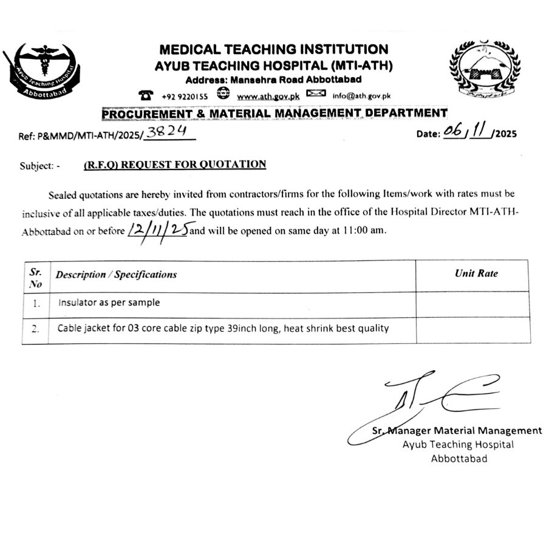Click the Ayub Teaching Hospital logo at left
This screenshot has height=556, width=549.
pos(42,72)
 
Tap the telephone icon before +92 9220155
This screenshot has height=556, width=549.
pos(146,95)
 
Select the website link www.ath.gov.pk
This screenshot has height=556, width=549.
pos(268,96)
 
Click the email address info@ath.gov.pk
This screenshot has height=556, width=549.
pos(361,95)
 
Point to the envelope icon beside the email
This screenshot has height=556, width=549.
pos(316,94)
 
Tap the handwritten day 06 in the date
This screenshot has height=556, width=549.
pos(452,132)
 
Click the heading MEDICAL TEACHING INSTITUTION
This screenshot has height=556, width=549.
pos(273,49)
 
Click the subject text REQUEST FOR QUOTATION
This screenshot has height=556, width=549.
pos(174,164)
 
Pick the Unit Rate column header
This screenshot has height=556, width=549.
pos(476,273)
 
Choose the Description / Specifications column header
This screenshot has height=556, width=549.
pos(116,275)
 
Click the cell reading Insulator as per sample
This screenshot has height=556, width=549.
pos(109,302)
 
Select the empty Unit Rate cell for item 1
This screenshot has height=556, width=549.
pos(472,303)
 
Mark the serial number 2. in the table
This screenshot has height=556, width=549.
pos(36,329)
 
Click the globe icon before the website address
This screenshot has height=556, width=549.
pos(223,94)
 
